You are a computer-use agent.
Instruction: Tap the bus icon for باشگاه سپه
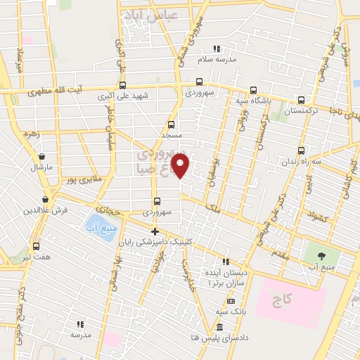(x=253, y=89)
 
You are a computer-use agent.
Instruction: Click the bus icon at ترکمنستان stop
(x=301, y=100)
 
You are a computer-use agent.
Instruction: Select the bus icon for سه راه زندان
(x=301, y=150)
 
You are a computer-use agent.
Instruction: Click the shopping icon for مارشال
(x=42, y=156)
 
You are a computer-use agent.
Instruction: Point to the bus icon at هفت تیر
(x=37, y=246)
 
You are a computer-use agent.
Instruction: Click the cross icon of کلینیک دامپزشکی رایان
(x=155, y=231)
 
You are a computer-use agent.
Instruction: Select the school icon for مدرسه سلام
(x=217, y=49)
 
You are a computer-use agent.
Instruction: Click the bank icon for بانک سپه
(x=223, y=299)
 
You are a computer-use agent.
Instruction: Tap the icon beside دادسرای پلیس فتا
(x=220, y=328)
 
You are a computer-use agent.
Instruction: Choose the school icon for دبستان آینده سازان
(x=226, y=261)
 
